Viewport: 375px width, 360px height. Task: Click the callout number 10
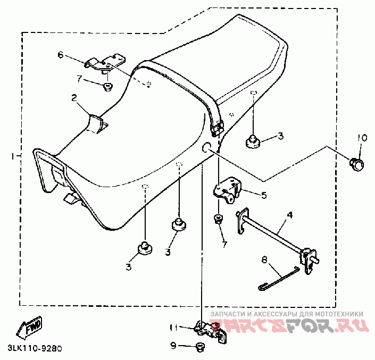point(362,138)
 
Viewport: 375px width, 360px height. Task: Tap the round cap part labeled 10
point(357,165)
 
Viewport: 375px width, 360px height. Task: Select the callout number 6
point(61,55)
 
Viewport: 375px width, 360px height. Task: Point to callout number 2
point(74,98)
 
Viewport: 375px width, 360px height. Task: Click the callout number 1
point(13,156)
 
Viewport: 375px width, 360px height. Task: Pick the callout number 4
point(289,215)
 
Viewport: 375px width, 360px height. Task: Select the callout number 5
point(264,195)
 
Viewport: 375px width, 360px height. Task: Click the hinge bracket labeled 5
point(227,190)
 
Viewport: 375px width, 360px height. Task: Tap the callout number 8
point(264,259)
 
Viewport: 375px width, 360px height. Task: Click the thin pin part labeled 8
point(279,278)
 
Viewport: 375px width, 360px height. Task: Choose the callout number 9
point(173,346)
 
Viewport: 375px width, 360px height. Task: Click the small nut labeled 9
point(199,347)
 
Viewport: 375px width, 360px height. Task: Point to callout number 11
point(173,328)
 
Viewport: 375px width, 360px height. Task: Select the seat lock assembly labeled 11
point(211,332)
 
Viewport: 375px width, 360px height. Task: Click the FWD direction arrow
point(29,328)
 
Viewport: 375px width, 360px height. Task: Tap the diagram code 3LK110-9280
point(35,348)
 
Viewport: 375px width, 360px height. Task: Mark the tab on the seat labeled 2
point(95,124)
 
